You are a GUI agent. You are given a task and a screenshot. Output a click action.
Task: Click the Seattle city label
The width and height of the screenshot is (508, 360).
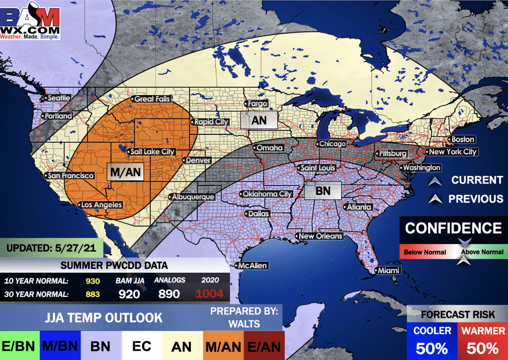point(59,98)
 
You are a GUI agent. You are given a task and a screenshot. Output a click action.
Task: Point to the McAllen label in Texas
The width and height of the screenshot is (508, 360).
point(253,266)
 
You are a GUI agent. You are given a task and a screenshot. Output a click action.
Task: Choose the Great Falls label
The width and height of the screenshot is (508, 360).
point(152,99)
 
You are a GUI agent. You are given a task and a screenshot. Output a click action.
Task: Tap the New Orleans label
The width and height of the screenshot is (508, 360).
point(320,236)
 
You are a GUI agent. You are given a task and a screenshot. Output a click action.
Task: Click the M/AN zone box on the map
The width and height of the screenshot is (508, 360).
point(125,172)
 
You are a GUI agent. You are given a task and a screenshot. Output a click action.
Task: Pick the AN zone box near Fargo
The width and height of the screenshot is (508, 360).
point(258,120)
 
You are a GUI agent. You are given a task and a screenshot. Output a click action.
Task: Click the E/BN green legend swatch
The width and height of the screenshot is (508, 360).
point(18,346)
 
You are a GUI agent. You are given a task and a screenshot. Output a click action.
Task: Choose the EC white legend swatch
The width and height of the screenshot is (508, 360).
point(140,346)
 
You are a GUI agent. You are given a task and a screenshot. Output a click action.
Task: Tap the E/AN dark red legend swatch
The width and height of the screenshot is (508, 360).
point(264,346)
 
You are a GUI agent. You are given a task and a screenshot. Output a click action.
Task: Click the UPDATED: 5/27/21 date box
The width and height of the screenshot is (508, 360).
point(51,246)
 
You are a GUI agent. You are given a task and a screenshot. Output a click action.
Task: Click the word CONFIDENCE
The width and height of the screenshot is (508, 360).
point(453,228)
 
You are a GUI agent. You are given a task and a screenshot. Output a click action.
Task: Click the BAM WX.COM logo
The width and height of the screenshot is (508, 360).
point(31,21)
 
